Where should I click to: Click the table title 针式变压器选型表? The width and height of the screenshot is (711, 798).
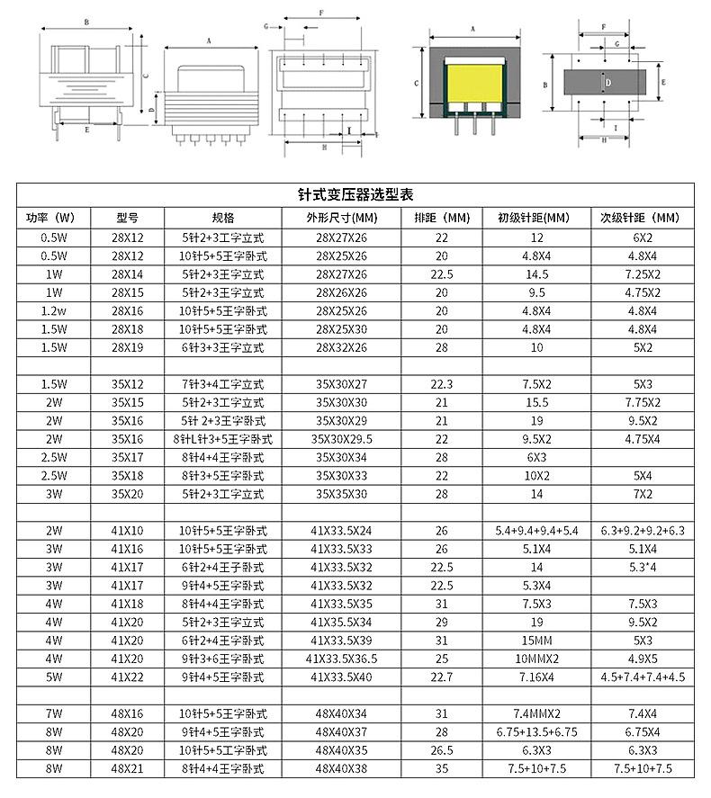click(x=355, y=194)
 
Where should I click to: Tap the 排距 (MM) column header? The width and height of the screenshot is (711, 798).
click(x=442, y=218)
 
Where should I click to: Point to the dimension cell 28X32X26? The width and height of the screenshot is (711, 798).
click(x=341, y=347)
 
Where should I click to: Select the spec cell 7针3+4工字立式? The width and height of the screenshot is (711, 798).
click(x=223, y=384)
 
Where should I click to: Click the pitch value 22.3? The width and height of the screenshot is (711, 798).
click(x=442, y=384)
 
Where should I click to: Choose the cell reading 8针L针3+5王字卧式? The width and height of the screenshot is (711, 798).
click(x=223, y=439)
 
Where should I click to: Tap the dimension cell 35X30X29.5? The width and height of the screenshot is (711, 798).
click(x=341, y=439)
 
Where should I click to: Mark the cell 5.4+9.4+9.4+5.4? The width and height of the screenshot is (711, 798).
click(x=536, y=531)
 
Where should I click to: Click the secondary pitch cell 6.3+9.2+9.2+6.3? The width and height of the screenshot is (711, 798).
click(x=643, y=531)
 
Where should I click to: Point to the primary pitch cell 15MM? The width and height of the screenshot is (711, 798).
click(x=536, y=640)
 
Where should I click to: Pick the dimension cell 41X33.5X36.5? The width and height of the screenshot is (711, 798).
click(x=341, y=658)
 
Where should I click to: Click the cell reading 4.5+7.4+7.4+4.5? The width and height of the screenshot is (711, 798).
click(x=643, y=677)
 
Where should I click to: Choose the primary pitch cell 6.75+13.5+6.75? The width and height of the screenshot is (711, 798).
click(x=536, y=731)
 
